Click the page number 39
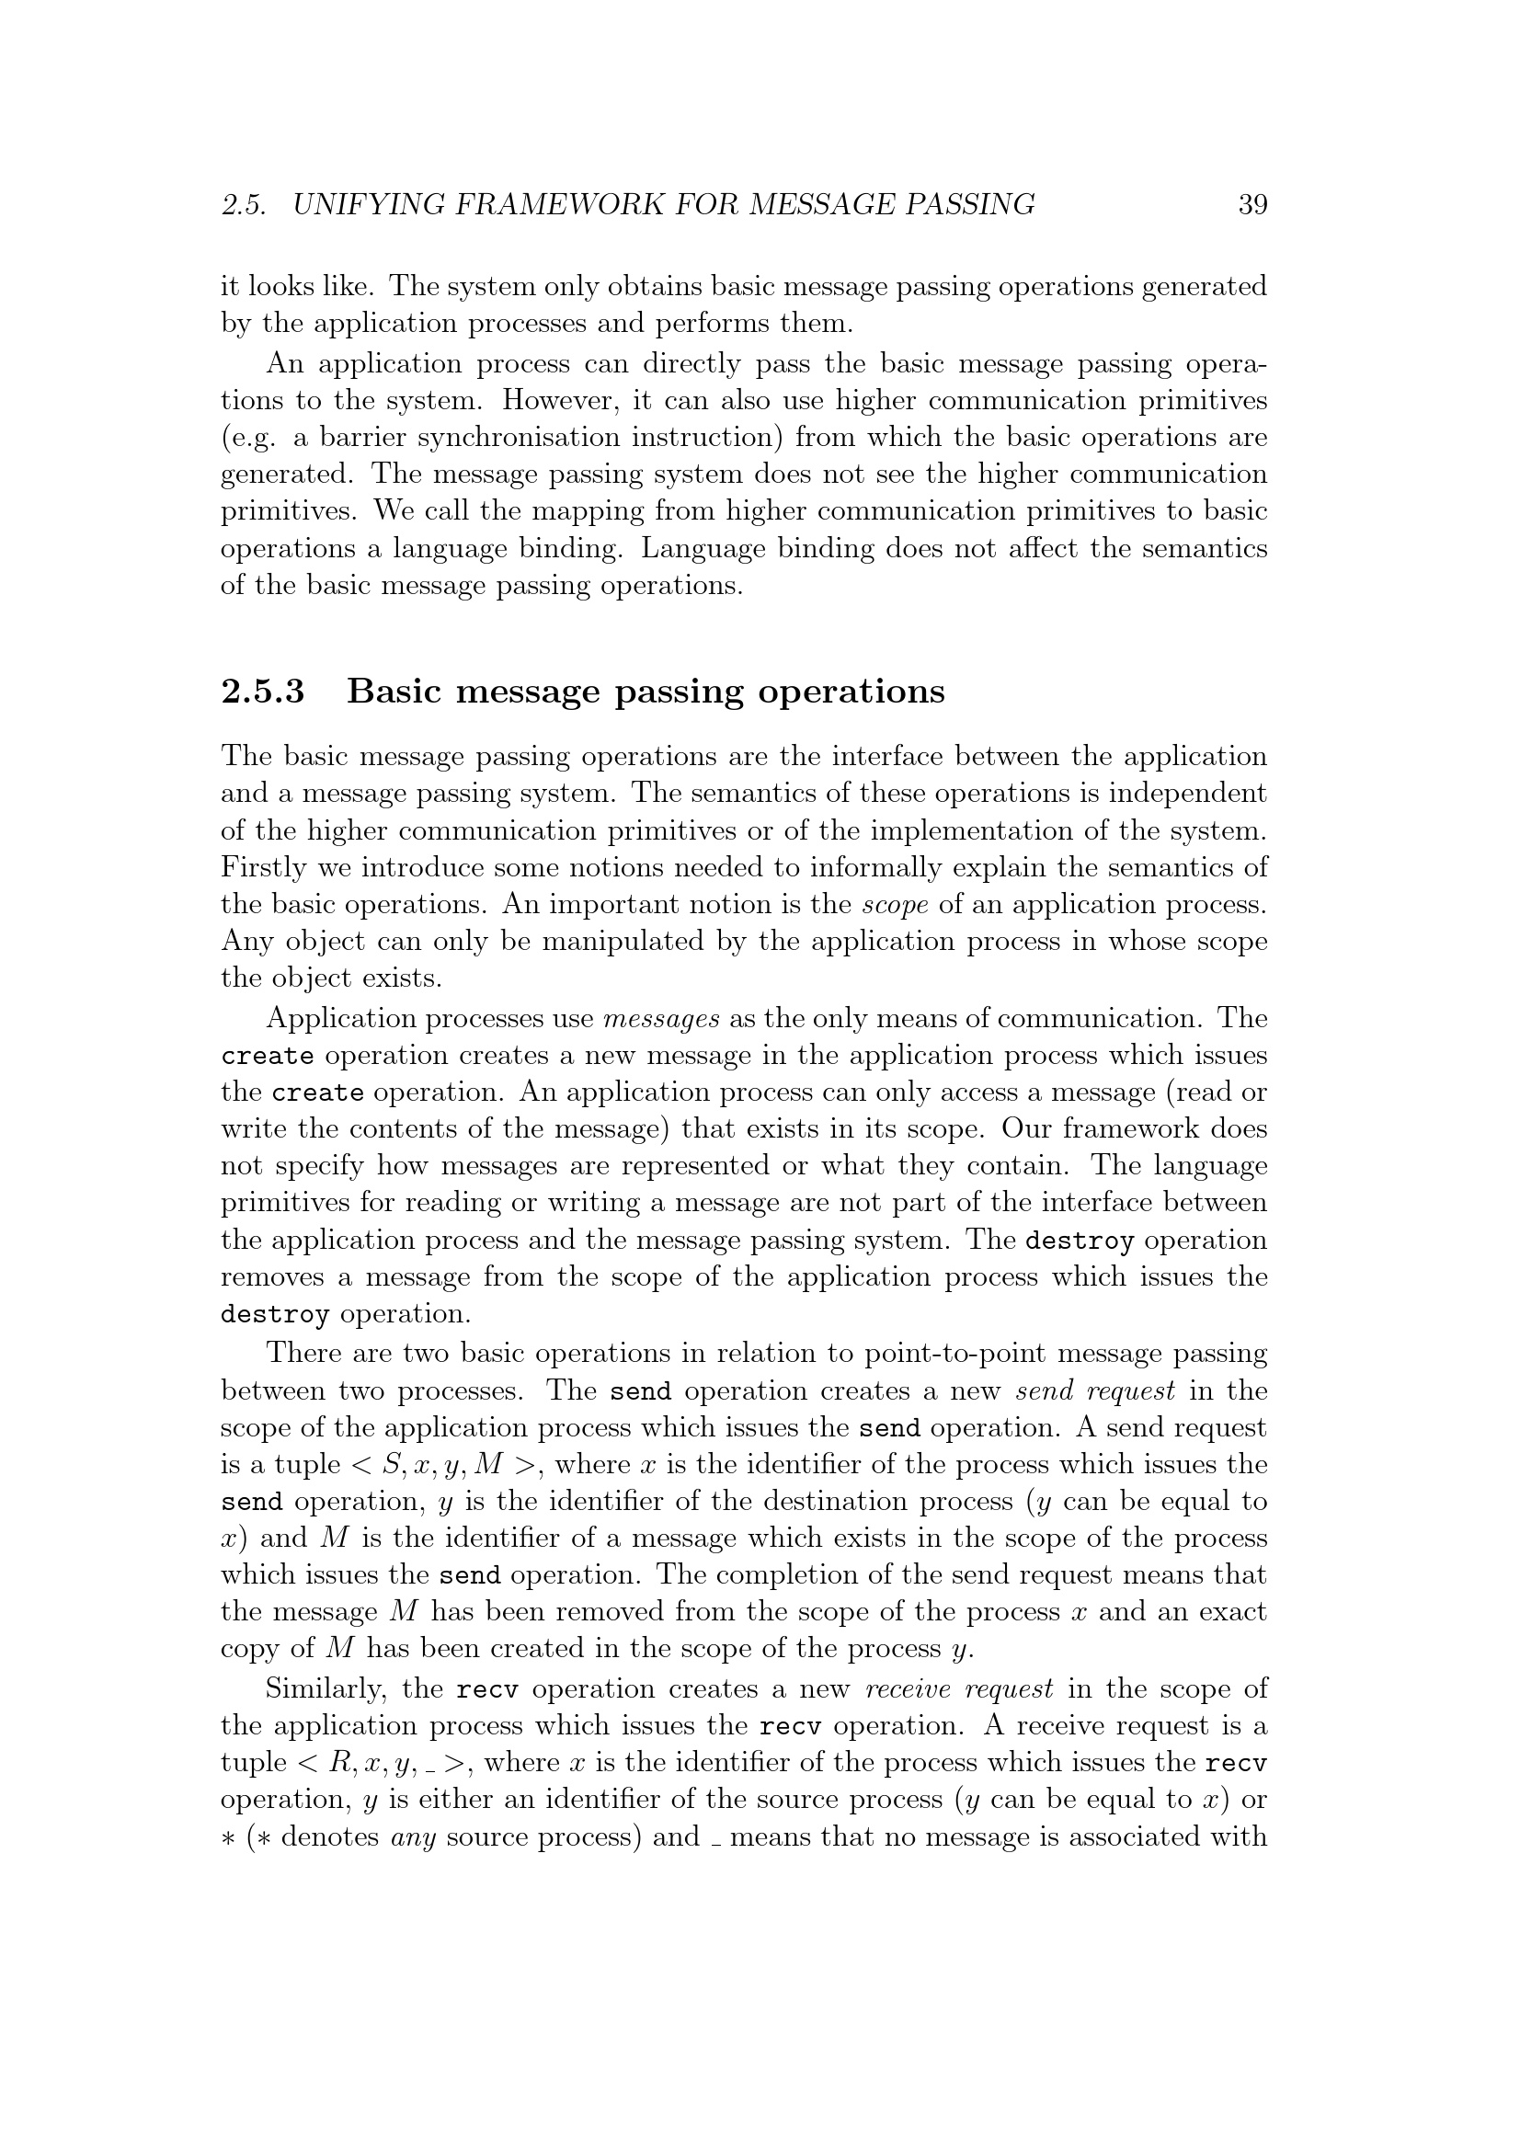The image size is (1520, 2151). (1252, 204)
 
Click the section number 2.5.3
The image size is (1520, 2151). (263, 692)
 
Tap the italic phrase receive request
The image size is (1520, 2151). (959, 1689)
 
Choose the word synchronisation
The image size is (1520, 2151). (518, 438)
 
